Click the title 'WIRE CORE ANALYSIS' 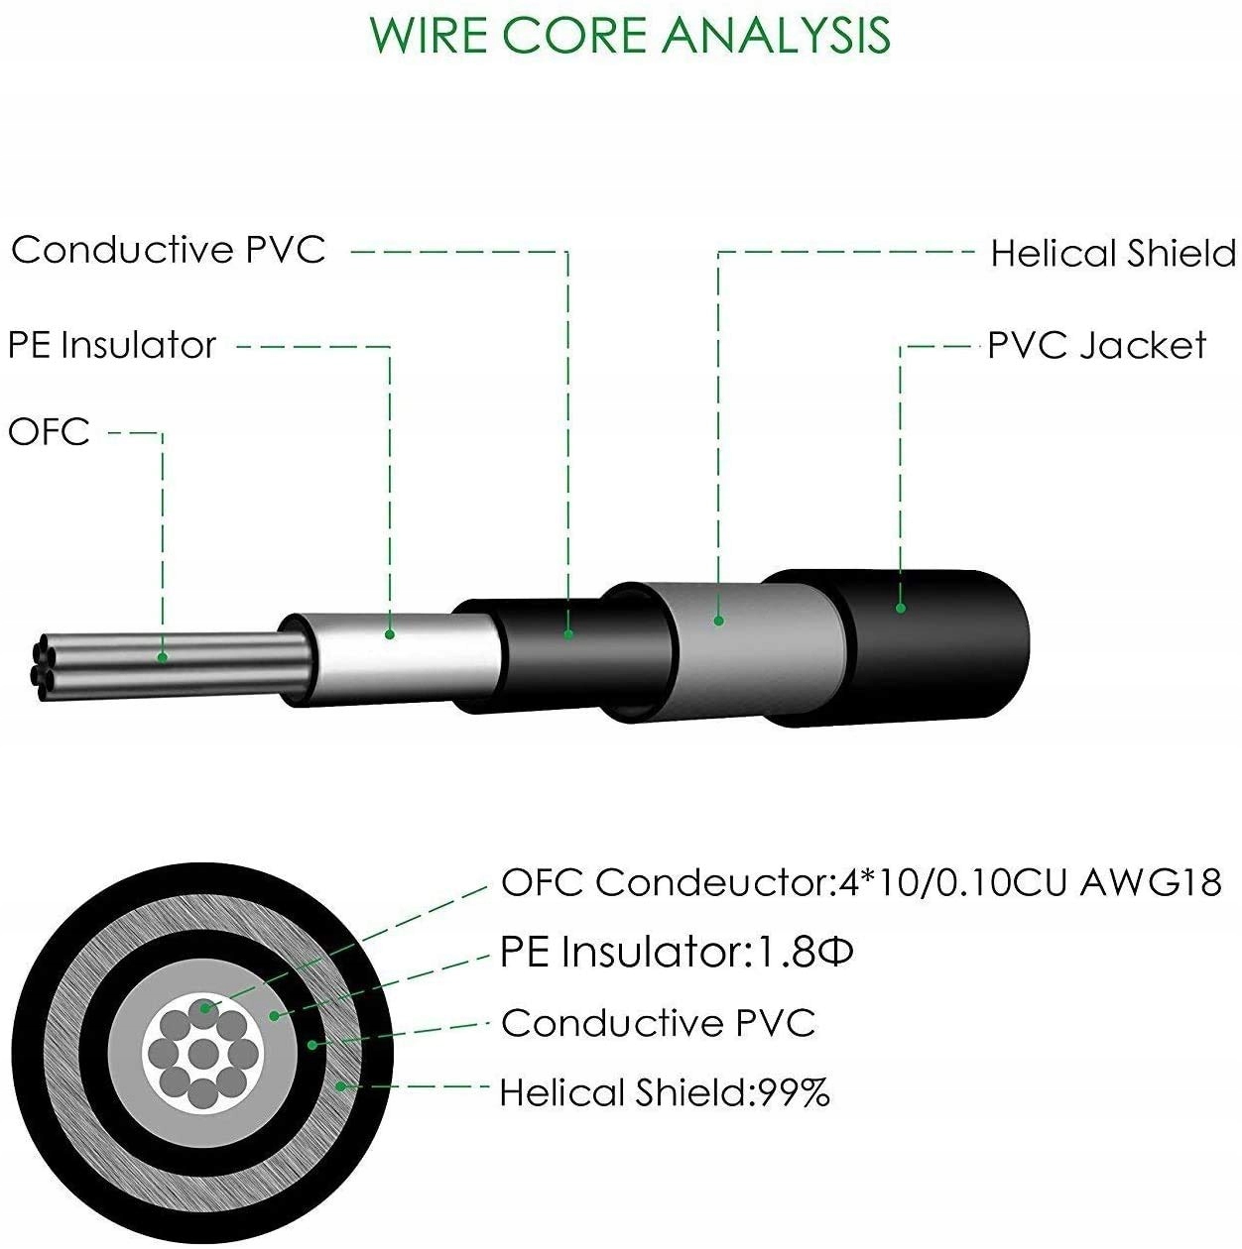pyautogui.click(x=630, y=34)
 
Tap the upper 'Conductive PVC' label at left pyautogui.click(x=168, y=250)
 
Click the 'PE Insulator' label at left pyautogui.click(x=111, y=345)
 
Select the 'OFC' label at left pyautogui.click(x=49, y=432)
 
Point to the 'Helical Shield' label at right pyautogui.click(x=1113, y=254)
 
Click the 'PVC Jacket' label pyautogui.click(x=1096, y=346)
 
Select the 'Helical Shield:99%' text pyautogui.click(x=664, y=1093)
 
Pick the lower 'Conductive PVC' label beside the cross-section pyautogui.click(x=658, y=1023)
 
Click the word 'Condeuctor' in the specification pyautogui.click(x=710, y=881)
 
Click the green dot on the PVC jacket pyautogui.click(x=901, y=608)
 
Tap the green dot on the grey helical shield pyautogui.click(x=718, y=622)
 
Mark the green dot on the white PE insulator pyautogui.click(x=390, y=634)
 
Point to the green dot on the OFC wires pyautogui.click(x=163, y=657)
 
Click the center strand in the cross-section pyautogui.click(x=202, y=1051)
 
